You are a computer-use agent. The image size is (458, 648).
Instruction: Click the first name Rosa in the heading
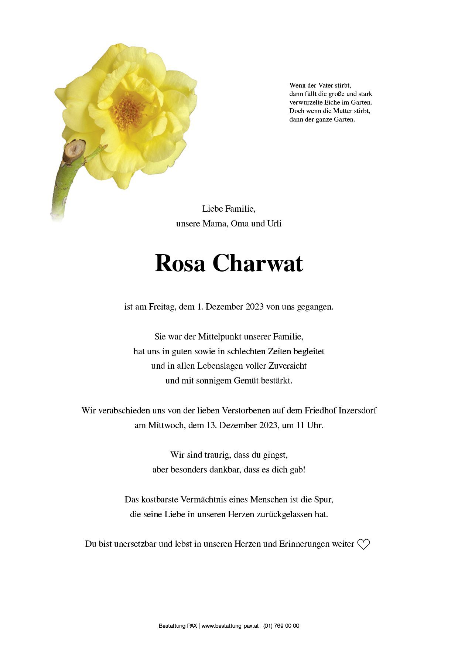(180, 263)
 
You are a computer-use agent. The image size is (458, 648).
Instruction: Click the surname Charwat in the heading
(257, 263)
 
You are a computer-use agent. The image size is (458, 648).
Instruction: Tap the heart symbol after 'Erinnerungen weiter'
(363, 544)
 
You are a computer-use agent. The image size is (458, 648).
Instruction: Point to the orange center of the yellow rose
(128, 111)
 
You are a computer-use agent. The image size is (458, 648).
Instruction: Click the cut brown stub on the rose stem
(74, 150)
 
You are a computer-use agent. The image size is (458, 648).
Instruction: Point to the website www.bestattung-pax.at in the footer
(230, 626)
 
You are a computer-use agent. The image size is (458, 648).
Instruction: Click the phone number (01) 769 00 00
(281, 626)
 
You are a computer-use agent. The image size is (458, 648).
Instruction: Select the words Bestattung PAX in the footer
(178, 626)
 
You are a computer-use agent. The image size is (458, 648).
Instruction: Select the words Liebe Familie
(229, 209)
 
